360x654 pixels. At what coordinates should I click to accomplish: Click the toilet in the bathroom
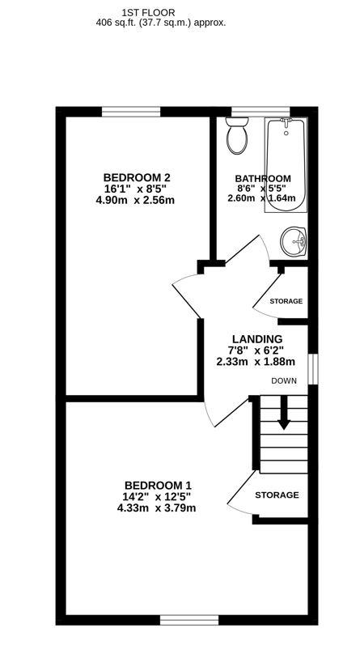(237, 137)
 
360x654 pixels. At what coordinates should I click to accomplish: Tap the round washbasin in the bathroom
(294, 240)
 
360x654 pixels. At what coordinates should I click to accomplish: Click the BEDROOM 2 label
(137, 177)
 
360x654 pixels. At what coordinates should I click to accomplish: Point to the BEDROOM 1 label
(156, 485)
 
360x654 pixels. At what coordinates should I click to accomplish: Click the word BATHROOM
(263, 179)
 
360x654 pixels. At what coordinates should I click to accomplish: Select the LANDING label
(256, 339)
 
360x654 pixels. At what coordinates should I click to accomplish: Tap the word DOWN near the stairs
(284, 380)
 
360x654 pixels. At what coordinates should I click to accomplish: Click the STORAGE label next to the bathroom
(286, 301)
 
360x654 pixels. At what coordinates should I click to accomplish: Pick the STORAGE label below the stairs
(277, 495)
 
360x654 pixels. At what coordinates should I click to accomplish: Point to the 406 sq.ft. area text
(160, 23)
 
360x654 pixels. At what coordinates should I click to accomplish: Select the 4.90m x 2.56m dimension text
(137, 200)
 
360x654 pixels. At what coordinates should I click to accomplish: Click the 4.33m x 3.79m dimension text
(156, 508)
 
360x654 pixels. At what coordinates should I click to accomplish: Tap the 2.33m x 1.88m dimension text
(256, 362)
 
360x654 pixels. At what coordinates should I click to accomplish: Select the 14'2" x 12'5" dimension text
(156, 496)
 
